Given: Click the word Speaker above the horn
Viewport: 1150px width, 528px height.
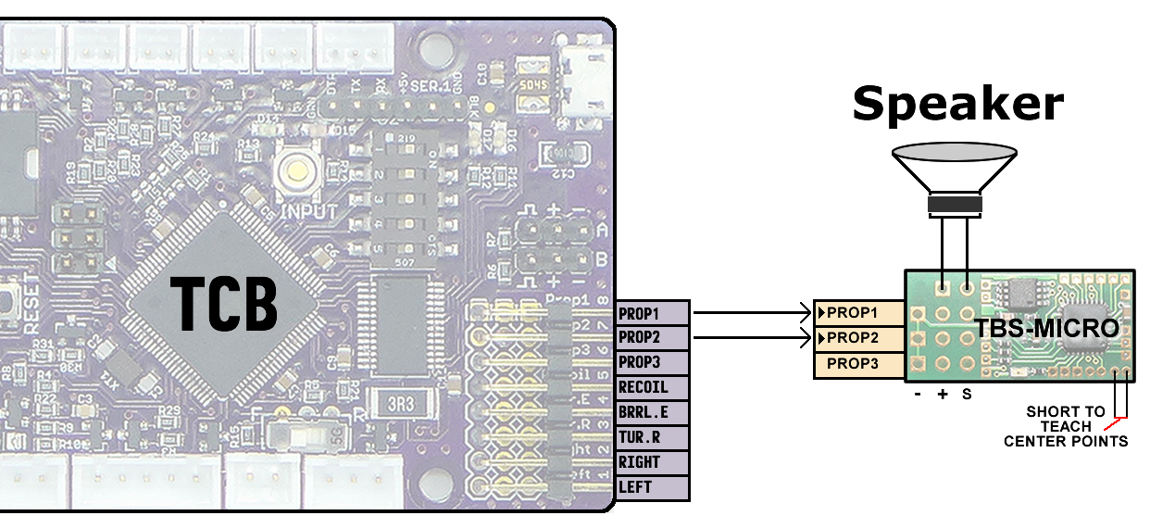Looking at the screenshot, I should tap(957, 104).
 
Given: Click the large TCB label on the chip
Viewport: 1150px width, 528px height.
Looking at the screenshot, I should tap(225, 303).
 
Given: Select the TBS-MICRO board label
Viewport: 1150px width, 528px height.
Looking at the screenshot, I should tap(1046, 328).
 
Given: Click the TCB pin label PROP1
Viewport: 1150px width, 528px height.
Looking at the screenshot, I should tap(652, 313).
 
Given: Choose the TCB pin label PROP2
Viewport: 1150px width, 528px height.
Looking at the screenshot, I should tap(652, 337).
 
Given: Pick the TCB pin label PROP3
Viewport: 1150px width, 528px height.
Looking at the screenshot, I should tap(652, 362).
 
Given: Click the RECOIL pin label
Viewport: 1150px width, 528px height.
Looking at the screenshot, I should tap(652, 387).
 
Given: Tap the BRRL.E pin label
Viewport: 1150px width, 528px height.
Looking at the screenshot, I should tap(652, 412).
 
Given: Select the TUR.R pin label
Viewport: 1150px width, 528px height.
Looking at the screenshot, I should tap(652, 437).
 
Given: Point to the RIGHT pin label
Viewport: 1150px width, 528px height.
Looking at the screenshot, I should tap(652, 462).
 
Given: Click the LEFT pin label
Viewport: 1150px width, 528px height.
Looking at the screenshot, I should tap(652, 487).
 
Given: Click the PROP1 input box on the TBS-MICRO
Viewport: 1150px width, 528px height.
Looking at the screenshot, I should tap(858, 312).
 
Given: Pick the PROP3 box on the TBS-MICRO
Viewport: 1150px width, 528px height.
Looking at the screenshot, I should tap(858, 364).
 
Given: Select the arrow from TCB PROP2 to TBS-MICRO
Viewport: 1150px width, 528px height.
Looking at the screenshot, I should tap(750, 338).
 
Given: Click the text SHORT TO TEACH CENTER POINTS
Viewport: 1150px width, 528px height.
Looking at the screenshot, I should tap(1066, 426).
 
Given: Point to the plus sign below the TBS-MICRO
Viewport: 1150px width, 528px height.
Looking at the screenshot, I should tap(943, 394).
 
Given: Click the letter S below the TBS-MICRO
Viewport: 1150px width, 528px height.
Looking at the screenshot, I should tap(967, 394).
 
